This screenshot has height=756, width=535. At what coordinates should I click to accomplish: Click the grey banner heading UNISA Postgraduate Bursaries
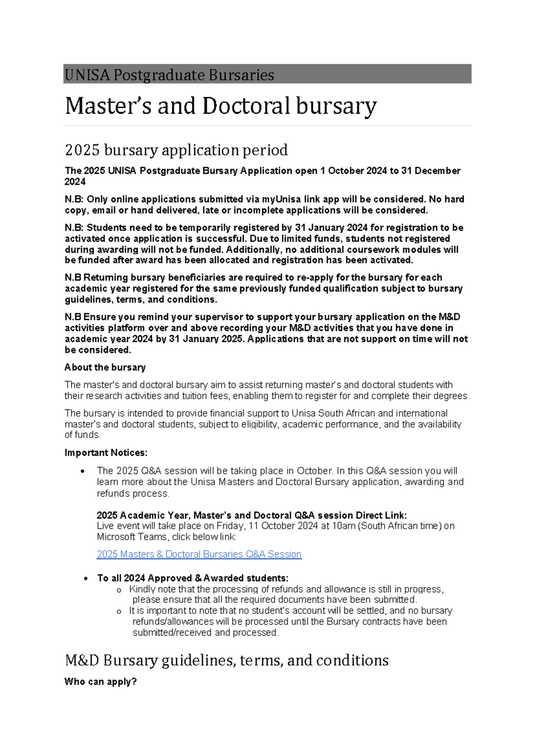click(x=169, y=74)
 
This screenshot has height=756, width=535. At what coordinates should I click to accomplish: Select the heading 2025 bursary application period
click(x=176, y=150)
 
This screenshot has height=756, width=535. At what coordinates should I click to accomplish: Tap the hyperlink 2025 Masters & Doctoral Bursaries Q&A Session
click(x=199, y=554)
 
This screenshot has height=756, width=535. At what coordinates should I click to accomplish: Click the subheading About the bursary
click(x=105, y=367)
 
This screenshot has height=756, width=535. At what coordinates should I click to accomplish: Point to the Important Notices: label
click(x=106, y=452)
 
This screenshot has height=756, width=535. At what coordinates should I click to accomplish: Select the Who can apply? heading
click(x=100, y=682)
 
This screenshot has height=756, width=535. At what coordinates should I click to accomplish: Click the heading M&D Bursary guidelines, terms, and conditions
click(x=226, y=660)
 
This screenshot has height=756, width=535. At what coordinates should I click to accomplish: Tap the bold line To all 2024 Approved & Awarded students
click(x=193, y=578)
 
